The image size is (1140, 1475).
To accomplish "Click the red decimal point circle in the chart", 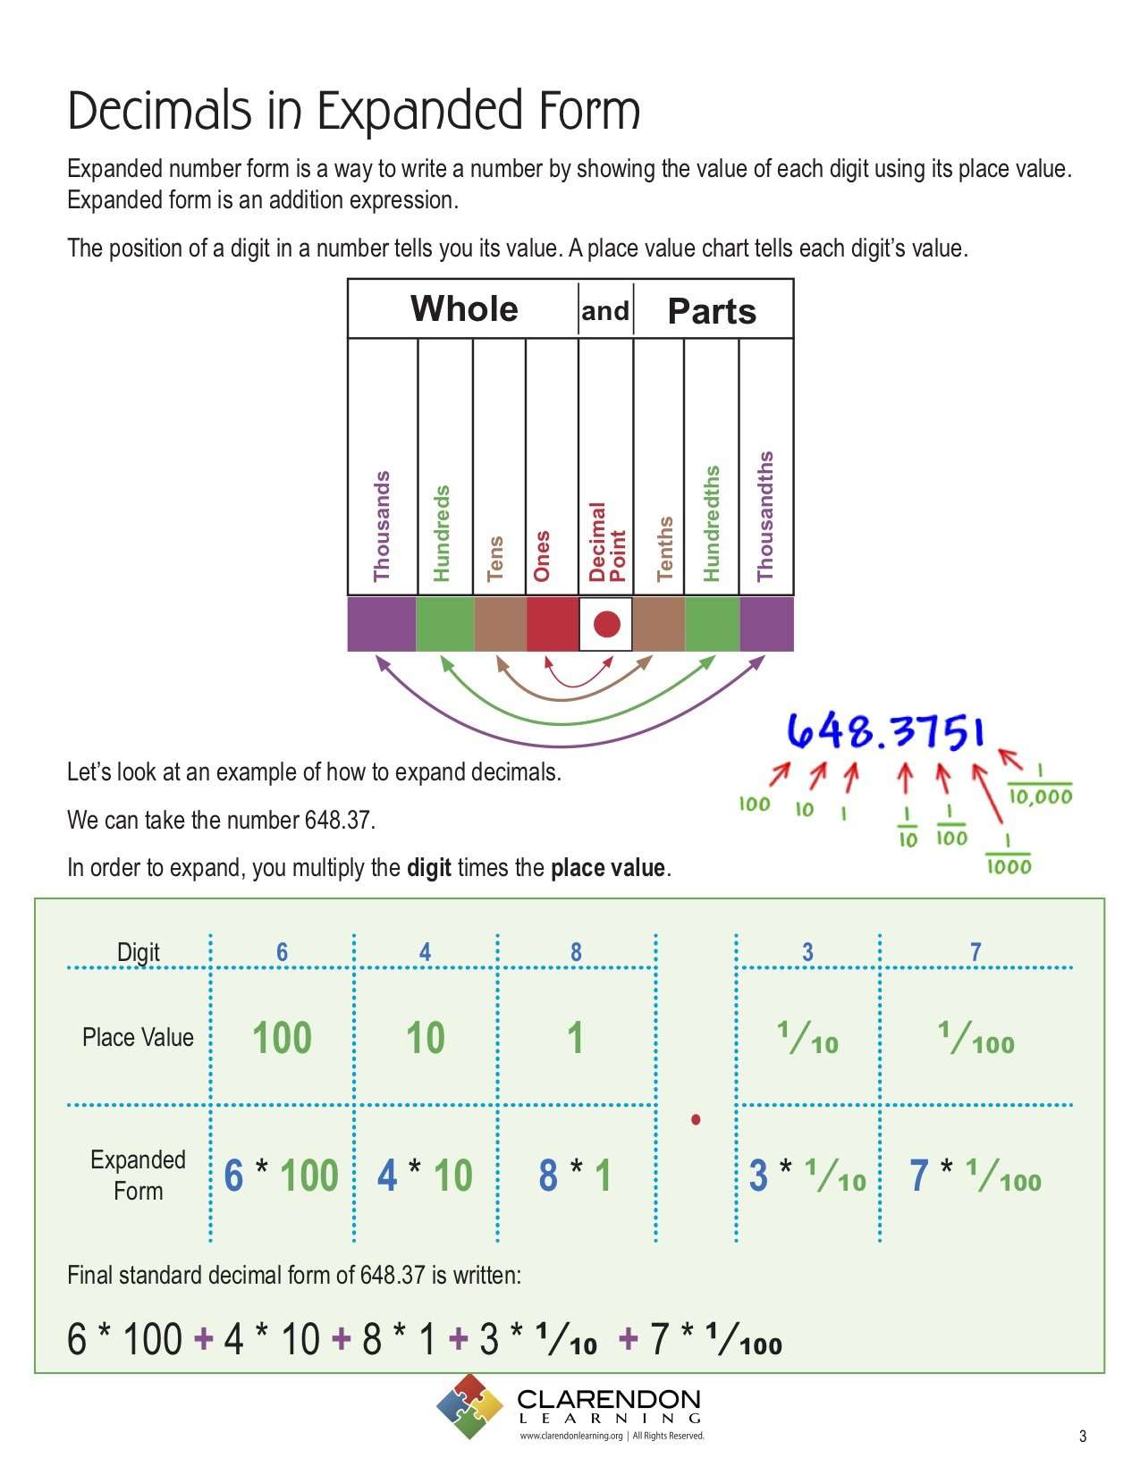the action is (x=606, y=623).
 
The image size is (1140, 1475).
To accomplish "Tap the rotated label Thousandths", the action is (x=765, y=517).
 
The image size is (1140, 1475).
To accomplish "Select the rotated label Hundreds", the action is (x=442, y=534).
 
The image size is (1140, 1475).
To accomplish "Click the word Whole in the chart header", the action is (x=464, y=309).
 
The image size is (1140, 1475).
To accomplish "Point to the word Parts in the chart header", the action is (x=712, y=311).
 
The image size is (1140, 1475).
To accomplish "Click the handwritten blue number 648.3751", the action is (x=885, y=732).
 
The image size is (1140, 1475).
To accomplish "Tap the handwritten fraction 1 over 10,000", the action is (x=1039, y=786).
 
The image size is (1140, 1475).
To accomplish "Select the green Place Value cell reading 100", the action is (x=282, y=1038).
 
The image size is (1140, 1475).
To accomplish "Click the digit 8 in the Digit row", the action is (x=576, y=952).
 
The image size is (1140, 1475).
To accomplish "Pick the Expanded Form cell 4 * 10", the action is (x=425, y=1176).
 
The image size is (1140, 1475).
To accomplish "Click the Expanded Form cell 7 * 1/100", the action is (x=975, y=1176).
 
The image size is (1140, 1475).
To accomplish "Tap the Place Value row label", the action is (x=138, y=1037).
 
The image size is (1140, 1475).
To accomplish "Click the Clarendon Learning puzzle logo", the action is (x=469, y=1406).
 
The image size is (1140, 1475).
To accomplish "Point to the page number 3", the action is (x=1083, y=1437).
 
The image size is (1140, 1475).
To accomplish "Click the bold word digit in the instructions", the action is (x=428, y=868).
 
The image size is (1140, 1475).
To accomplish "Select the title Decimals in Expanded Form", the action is (x=354, y=111).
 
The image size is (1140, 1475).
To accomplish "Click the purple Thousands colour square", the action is (x=382, y=623).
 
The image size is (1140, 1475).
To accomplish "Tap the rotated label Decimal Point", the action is (x=606, y=542).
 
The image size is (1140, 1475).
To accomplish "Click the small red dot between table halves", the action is (x=696, y=1119).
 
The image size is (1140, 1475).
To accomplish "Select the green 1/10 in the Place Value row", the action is (x=807, y=1038).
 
